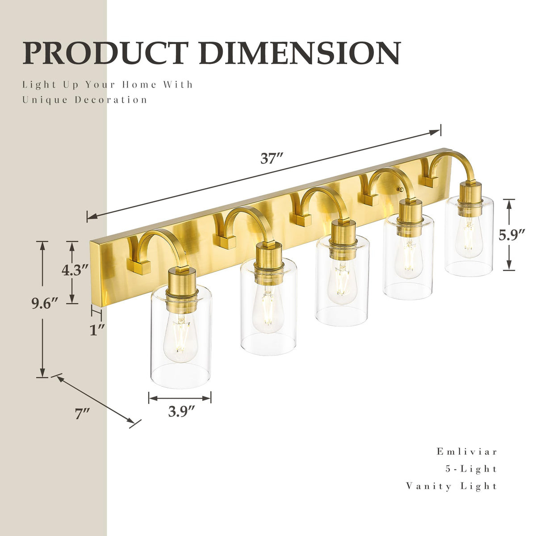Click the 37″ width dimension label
click(272, 159)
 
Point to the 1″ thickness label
click(97, 330)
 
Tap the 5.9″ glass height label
click(511, 235)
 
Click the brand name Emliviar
click(466, 451)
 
